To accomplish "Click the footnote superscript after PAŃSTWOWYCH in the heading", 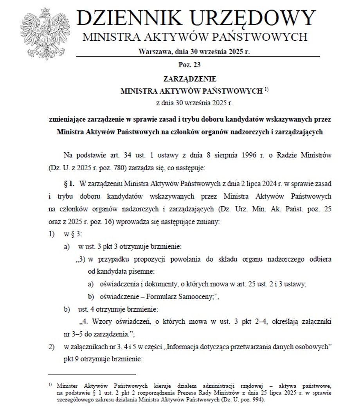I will [x=266, y=90].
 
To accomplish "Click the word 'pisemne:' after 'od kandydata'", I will [x=140, y=271].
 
